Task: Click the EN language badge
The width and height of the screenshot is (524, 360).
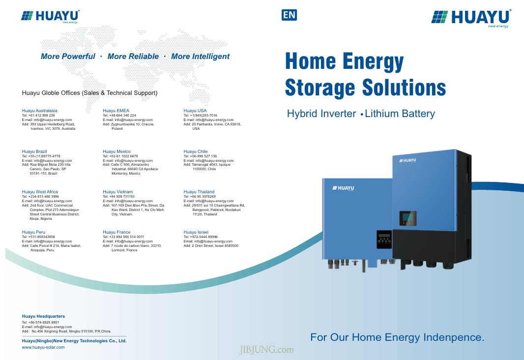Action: (x=289, y=15)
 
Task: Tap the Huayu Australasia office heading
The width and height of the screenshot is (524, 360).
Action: (x=39, y=111)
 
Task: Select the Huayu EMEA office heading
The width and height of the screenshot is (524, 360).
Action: (x=116, y=111)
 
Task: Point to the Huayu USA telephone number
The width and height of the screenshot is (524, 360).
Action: (x=200, y=115)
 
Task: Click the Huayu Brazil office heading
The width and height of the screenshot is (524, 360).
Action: (x=34, y=151)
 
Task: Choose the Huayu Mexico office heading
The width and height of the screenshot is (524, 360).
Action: (x=116, y=151)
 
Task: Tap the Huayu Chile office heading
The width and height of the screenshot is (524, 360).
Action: (x=196, y=151)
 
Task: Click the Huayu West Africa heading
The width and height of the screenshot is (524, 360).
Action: (x=40, y=192)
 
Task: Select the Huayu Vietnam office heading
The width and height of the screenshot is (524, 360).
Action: (x=117, y=192)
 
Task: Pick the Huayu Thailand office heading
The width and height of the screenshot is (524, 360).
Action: (x=199, y=192)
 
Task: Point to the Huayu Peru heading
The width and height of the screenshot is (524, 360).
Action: (x=33, y=232)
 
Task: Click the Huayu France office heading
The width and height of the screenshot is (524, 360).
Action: (x=116, y=232)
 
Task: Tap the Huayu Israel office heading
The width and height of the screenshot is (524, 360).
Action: (x=196, y=232)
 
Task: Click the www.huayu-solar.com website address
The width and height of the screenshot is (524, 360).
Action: (x=43, y=347)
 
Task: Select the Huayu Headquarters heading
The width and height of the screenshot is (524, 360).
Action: (x=43, y=316)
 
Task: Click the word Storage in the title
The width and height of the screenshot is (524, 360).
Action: (x=320, y=88)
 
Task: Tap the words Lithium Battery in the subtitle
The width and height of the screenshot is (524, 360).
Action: (x=400, y=114)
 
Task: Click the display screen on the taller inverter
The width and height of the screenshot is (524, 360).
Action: (x=408, y=218)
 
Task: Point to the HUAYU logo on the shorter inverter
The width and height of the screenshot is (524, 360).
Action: (x=343, y=188)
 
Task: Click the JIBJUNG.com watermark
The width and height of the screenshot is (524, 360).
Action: (x=266, y=350)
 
